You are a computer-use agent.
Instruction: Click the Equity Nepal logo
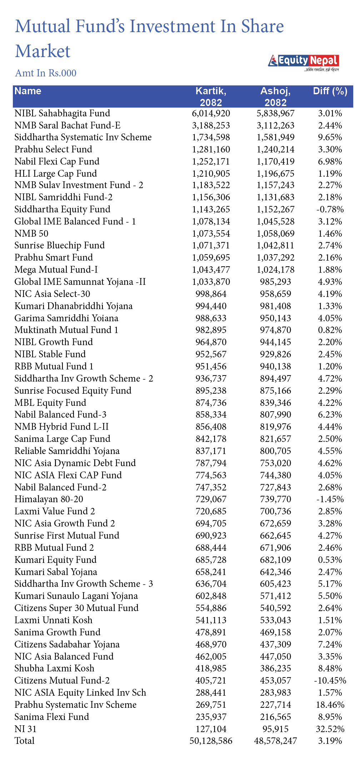coord(303,61)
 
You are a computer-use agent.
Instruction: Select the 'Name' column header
coord(28,91)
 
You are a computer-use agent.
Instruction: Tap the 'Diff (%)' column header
coord(330,91)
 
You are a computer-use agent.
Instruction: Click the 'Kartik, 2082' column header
coord(211,97)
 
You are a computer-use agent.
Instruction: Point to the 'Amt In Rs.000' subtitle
coord(46,73)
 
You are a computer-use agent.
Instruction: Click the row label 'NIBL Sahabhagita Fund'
coord(62,114)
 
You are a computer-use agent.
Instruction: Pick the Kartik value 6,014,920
coord(211,114)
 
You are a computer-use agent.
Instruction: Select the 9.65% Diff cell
coord(330,137)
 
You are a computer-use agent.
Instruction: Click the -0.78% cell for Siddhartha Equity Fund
coord(330,210)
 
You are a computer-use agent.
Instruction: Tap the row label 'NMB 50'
coord(31,234)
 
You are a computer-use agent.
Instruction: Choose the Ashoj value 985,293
coord(275,282)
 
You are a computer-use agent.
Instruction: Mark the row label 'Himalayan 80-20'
coord(49,499)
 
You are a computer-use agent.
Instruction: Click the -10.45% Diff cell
coord(330,681)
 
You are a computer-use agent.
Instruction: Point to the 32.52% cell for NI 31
coord(330,729)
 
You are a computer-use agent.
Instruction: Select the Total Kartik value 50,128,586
coord(211,741)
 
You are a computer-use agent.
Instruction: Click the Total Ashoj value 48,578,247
coord(275,741)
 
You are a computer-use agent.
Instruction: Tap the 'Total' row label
coord(25,741)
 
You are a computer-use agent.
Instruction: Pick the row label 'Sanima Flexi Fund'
coord(52,717)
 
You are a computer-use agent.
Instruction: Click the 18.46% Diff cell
coord(330,705)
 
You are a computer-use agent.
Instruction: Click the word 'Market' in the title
coord(43,51)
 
